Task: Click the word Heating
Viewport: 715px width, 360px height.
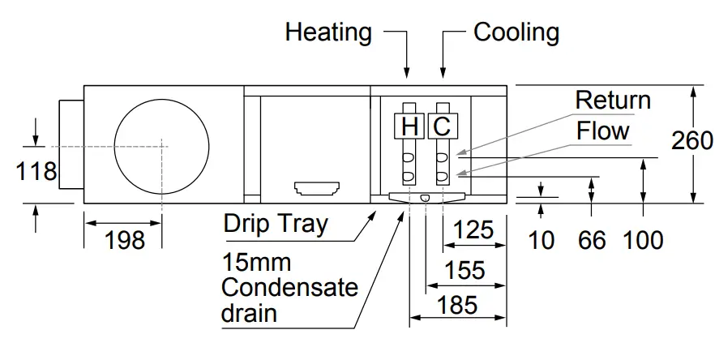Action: pyautogui.click(x=328, y=32)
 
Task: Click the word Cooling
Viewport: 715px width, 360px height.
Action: pyautogui.click(x=516, y=32)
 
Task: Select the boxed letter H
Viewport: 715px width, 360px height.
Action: pyautogui.click(x=409, y=126)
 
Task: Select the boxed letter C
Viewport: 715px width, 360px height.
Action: pyautogui.click(x=441, y=126)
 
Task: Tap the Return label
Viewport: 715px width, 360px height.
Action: pyautogui.click(x=613, y=101)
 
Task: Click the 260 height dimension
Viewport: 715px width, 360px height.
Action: pyautogui.click(x=691, y=140)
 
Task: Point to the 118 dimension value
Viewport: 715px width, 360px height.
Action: pyautogui.click(x=36, y=171)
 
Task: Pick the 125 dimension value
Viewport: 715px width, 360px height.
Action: pyautogui.click(x=473, y=230)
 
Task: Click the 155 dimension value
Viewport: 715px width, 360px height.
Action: pyautogui.click(x=466, y=269)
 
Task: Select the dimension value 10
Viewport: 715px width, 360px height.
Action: pyautogui.click(x=542, y=240)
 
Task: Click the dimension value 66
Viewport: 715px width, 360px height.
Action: pyautogui.click(x=592, y=240)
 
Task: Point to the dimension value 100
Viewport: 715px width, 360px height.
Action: pyautogui.click(x=644, y=240)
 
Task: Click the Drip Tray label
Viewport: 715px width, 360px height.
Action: pyautogui.click(x=276, y=224)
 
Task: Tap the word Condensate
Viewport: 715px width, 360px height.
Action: pyautogui.click(x=289, y=288)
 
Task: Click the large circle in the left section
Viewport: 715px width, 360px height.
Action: pyautogui.click(x=161, y=144)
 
